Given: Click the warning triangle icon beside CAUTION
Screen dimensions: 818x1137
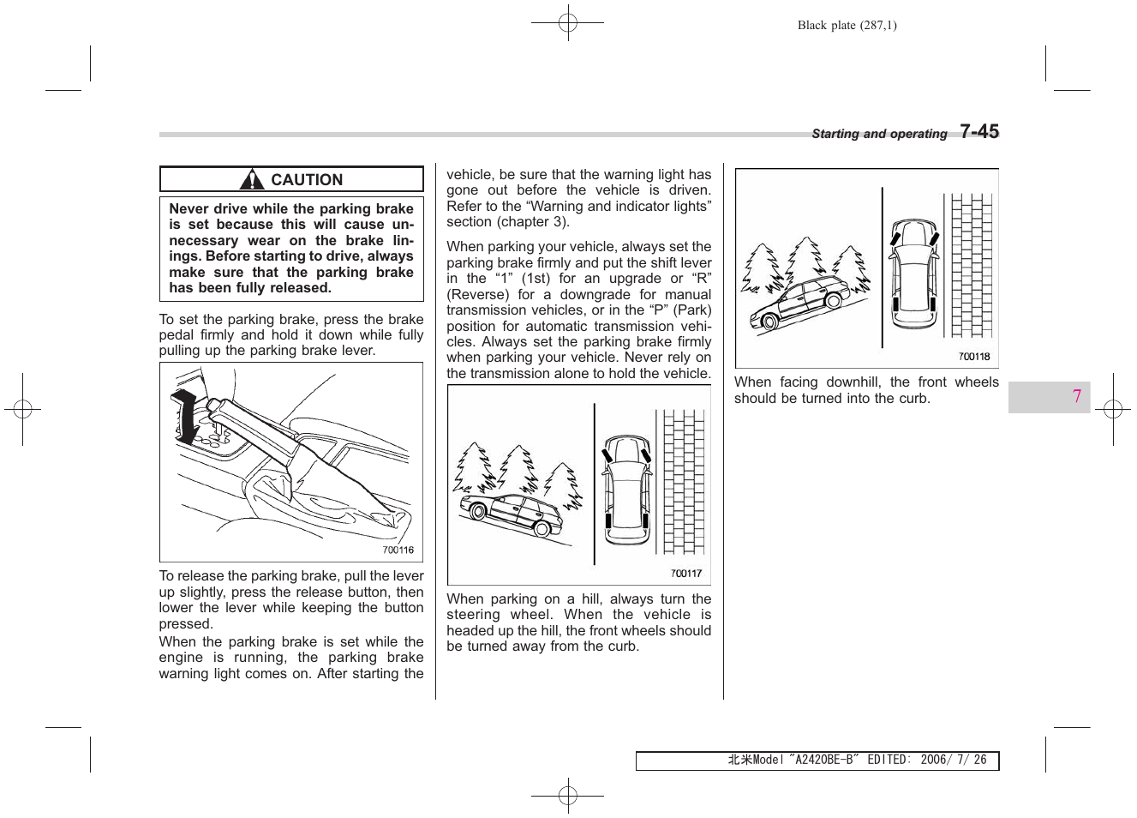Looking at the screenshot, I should (252, 180).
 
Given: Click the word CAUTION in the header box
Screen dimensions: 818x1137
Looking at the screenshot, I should (307, 180).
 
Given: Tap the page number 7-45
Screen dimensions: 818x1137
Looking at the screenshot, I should (978, 131).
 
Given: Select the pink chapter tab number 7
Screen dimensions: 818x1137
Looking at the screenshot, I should (1076, 396).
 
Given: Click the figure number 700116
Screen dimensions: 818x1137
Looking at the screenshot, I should (398, 550).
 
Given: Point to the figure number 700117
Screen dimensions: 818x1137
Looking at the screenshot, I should (685, 574).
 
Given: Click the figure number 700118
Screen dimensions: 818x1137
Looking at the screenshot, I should (973, 357).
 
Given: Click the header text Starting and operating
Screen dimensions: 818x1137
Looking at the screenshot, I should (879, 134).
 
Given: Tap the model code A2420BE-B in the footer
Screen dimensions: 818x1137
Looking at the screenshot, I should (823, 760).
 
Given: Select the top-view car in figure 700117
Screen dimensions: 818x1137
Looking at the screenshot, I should (626, 490).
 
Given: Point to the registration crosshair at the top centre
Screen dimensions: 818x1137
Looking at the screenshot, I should (567, 24).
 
